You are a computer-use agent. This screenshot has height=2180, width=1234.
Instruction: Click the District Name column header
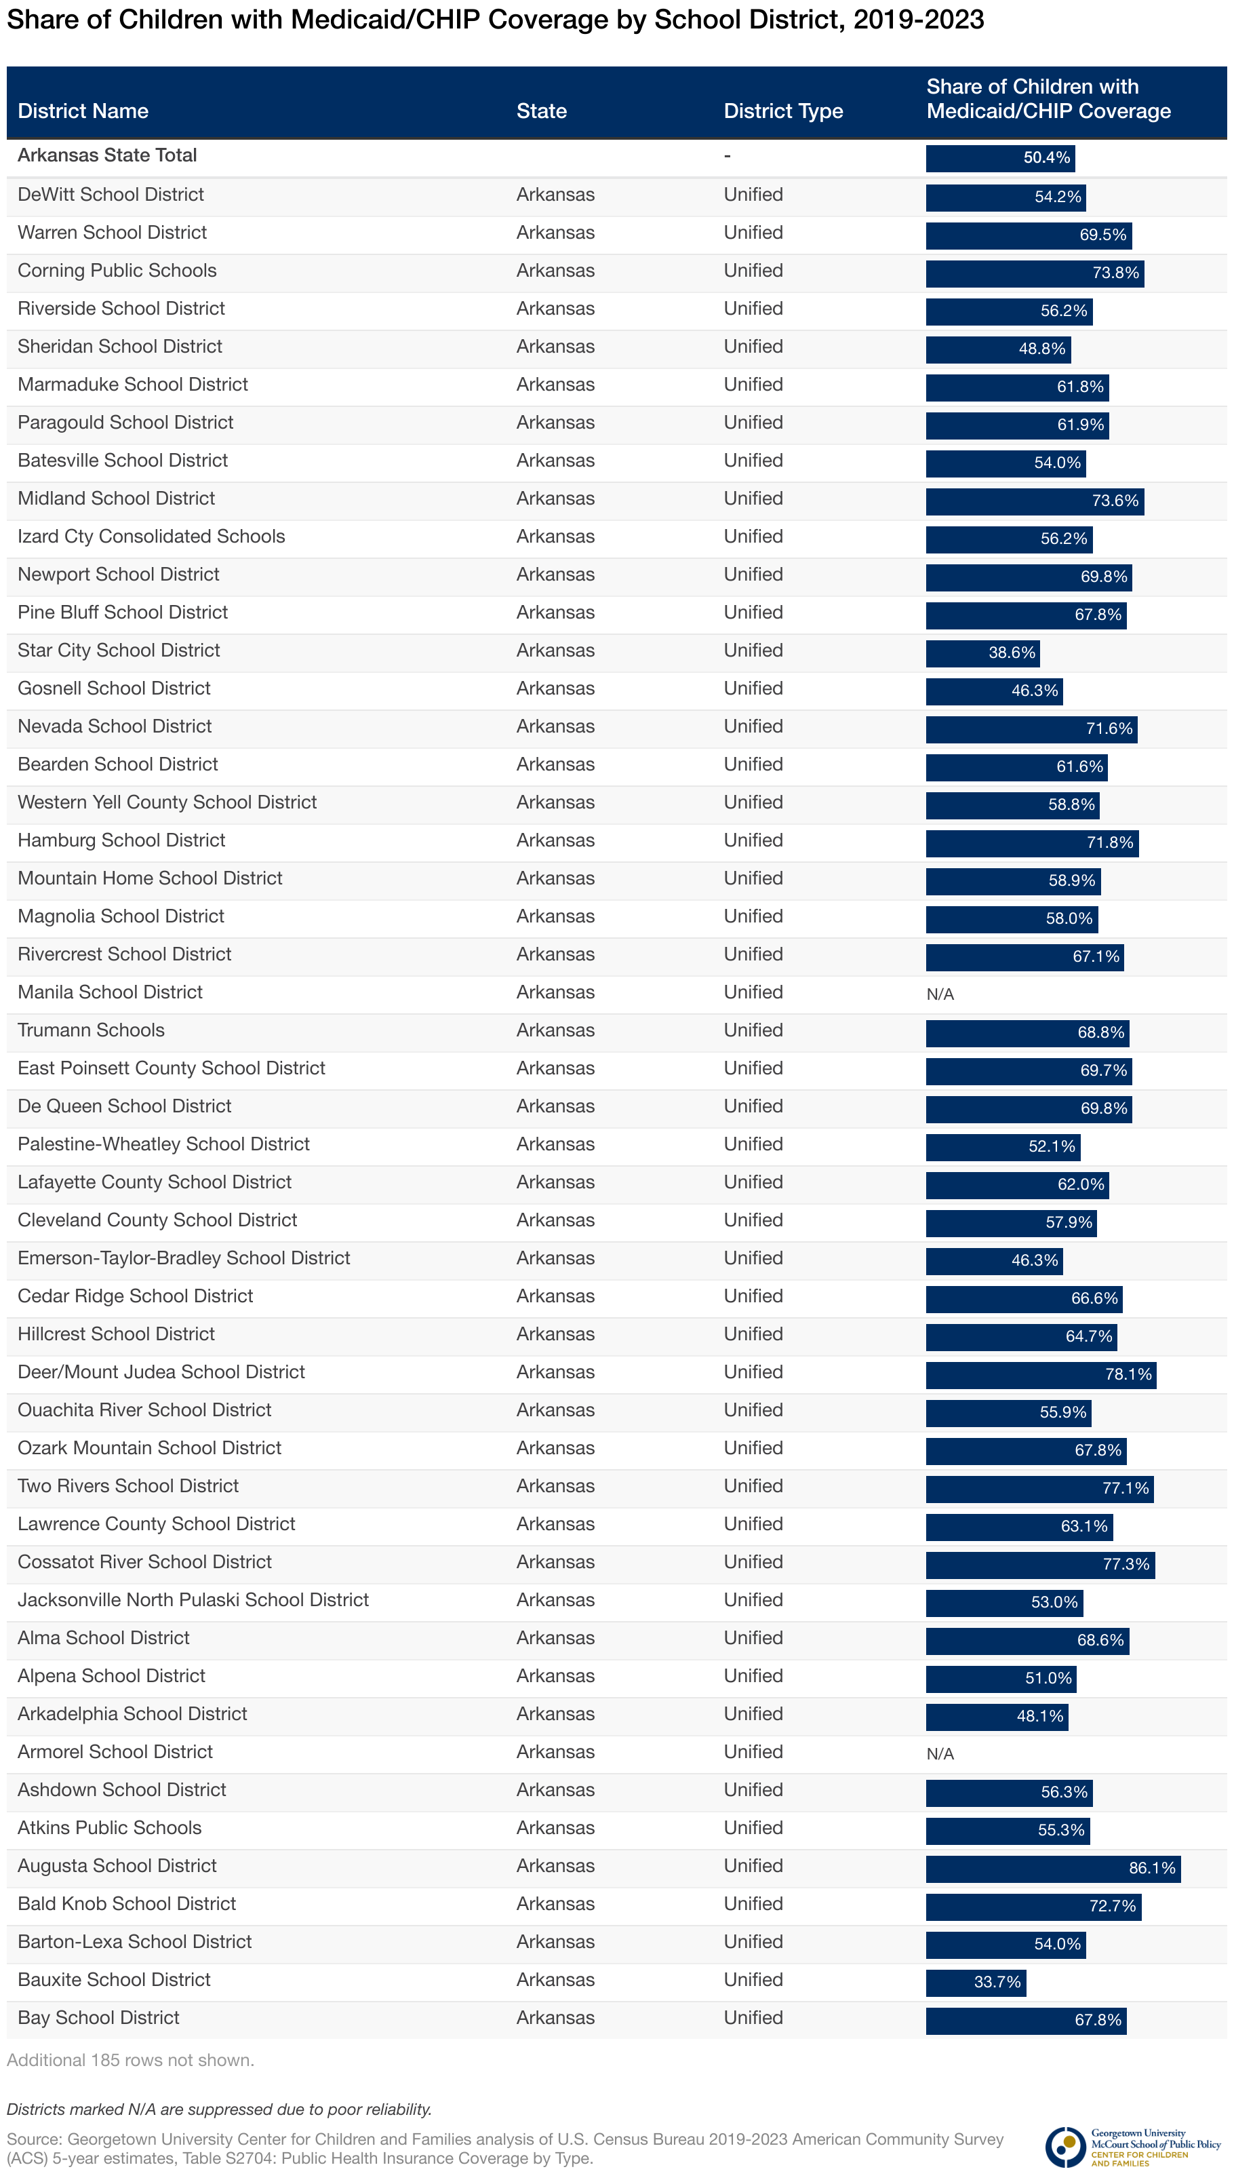tap(83, 111)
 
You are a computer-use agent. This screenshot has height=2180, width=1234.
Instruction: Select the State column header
tap(542, 111)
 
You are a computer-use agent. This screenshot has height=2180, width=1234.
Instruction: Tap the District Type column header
tap(783, 111)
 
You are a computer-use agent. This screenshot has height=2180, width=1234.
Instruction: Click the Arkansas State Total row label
tap(108, 155)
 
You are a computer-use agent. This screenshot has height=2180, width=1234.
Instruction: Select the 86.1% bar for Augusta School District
tap(1052, 1868)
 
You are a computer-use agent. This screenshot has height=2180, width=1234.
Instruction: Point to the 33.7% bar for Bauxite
tap(976, 1983)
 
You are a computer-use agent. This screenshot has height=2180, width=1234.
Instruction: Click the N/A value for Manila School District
tap(940, 994)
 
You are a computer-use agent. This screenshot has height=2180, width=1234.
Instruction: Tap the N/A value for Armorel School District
tap(940, 1753)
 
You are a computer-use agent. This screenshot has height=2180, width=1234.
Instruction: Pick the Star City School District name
tap(119, 650)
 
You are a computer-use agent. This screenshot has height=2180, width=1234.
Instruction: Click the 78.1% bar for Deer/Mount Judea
tap(1041, 1374)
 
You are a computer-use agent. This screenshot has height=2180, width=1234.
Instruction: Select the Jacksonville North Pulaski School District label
tap(193, 1599)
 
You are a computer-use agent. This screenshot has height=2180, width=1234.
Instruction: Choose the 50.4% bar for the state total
tap(1000, 157)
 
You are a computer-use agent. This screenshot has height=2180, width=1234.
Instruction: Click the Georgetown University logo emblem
tap(1065, 2147)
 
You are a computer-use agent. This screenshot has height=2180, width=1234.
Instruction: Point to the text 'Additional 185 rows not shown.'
tap(130, 2060)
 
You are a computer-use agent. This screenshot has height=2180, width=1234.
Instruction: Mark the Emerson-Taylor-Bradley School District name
tap(184, 1258)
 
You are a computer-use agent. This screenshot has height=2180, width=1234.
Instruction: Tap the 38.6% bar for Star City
tap(983, 653)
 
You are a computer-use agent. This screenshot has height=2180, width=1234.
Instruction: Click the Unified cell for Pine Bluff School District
tap(753, 612)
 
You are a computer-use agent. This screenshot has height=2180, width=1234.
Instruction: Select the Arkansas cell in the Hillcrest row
tap(555, 1334)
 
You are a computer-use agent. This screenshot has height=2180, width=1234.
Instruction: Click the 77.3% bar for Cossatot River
tap(1040, 1564)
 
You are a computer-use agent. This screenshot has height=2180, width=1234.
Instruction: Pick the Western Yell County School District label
tap(167, 802)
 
